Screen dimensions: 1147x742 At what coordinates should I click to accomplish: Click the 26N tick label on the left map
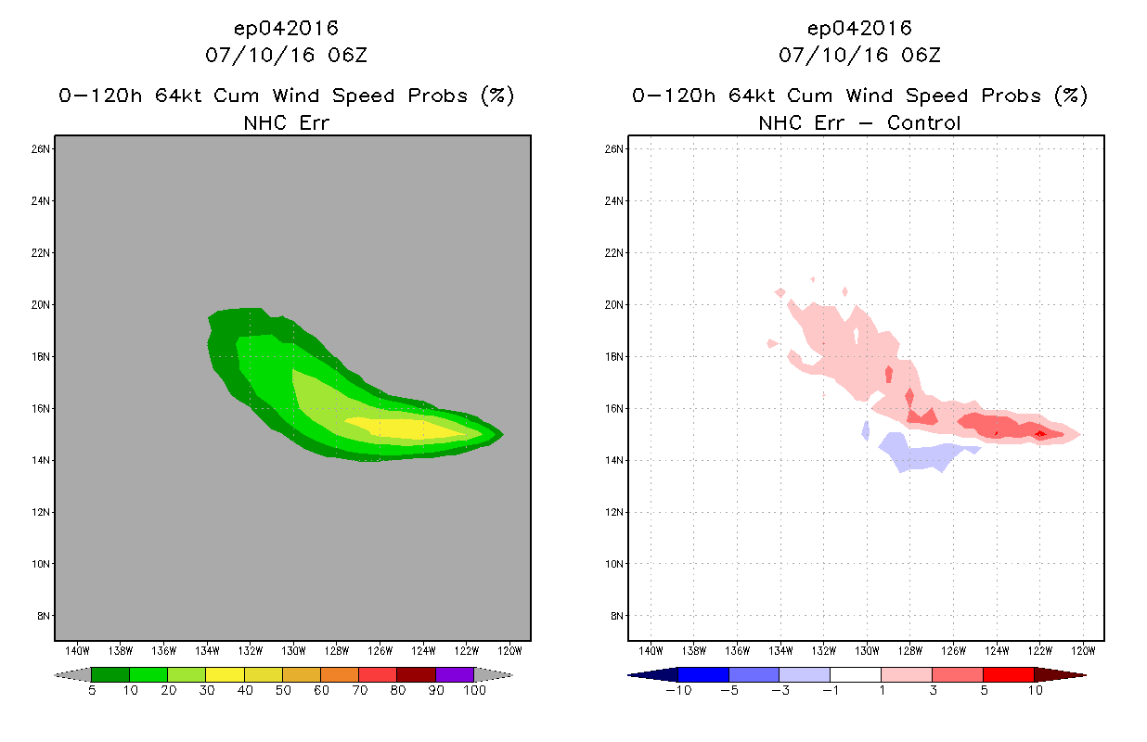(41, 149)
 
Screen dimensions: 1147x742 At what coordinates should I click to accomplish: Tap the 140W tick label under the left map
(77, 651)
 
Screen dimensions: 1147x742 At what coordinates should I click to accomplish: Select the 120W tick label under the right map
(1083, 651)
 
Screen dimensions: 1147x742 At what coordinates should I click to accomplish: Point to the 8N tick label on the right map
(616, 616)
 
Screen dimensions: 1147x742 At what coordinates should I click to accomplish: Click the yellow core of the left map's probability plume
(405, 429)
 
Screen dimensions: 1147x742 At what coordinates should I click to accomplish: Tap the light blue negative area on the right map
(917, 452)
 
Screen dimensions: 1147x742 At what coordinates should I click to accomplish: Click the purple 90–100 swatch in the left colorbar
(455, 674)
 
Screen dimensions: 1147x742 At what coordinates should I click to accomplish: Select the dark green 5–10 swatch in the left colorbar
(110, 674)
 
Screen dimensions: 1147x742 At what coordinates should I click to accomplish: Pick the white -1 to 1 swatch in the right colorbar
(856, 674)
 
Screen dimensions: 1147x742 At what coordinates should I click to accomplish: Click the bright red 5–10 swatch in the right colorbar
(1009, 674)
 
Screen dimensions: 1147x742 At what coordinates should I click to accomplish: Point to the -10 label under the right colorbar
(678, 690)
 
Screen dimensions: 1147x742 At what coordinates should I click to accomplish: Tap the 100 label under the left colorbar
(475, 690)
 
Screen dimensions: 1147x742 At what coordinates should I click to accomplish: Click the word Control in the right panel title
(923, 122)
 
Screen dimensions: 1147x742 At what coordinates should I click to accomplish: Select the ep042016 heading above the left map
(286, 28)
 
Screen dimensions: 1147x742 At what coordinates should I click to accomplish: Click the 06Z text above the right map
(921, 55)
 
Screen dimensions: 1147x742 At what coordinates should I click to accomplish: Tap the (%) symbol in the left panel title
(497, 96)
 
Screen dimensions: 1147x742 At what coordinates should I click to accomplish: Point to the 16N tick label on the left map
(41, 408)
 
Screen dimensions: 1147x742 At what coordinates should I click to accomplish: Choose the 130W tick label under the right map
(867, 651)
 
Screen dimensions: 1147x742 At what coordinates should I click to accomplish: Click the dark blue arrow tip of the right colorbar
(629, 675)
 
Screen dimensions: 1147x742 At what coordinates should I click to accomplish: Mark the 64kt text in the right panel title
(752, 96)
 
